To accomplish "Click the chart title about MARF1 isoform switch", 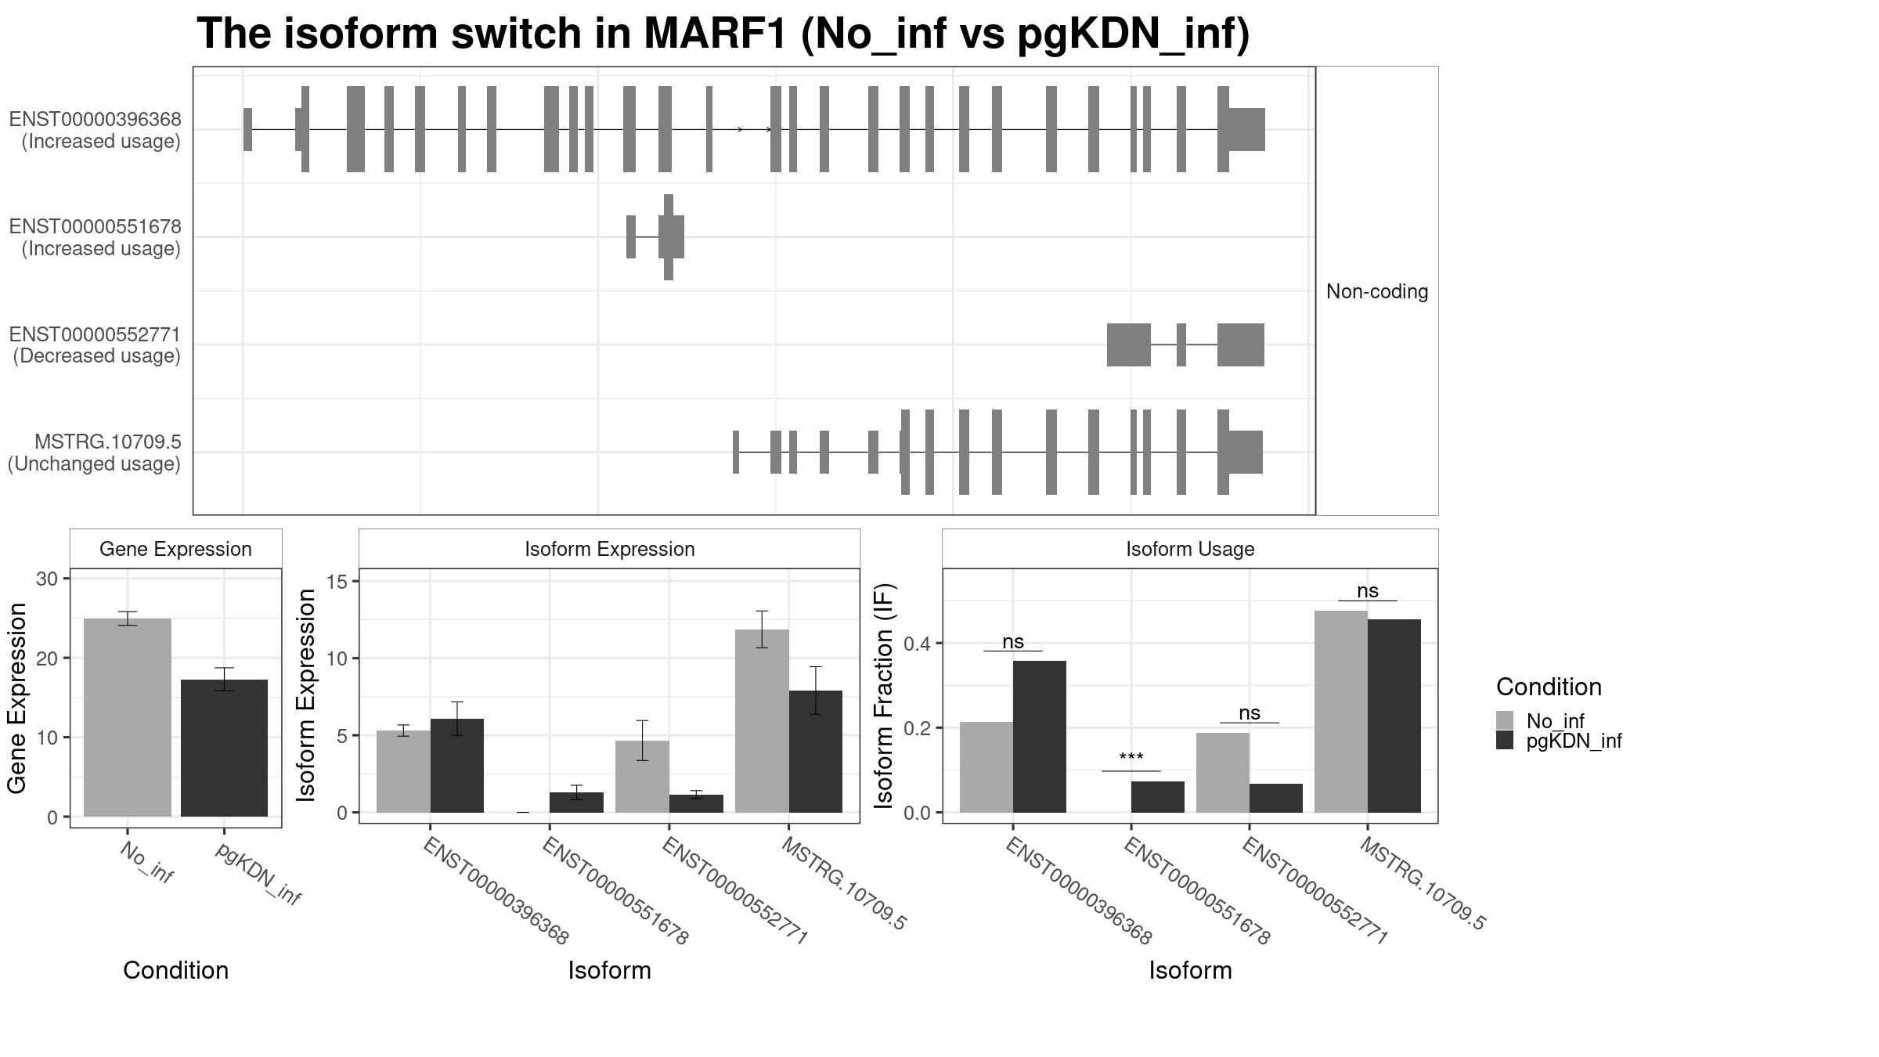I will [x=723, y=34].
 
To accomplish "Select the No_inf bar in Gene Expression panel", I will [x=127, y=717].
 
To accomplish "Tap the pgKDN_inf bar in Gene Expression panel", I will [x=224, y=748].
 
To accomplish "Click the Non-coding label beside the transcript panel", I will [x=1376, y=292].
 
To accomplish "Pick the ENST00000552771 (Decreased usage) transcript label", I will [x=96, y=345].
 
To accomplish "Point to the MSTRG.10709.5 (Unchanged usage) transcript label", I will [x=96, y=453].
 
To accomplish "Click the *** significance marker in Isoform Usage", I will [x=1131, y=758].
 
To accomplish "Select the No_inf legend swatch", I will [x=1504, y=720].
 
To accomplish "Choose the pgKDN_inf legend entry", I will [x=1574, y=741].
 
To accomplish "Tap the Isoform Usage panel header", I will [x=1189, y=549].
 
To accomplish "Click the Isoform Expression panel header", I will [x=609, y=549].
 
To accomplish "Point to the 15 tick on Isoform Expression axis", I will [x=337, y=582].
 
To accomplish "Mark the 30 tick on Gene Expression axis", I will [x=47, y=579].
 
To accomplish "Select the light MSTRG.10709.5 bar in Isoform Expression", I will [x=762, y=720].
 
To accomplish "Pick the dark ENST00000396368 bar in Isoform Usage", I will [x=1039, y=736].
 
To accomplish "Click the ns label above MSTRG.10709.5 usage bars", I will [x=1367, y=591].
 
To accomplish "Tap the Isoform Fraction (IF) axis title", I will [x=884, y=695].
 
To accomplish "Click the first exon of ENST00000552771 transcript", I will [x=1128, y=345].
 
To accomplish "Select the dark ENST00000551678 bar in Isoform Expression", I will [x=576, y=803].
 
